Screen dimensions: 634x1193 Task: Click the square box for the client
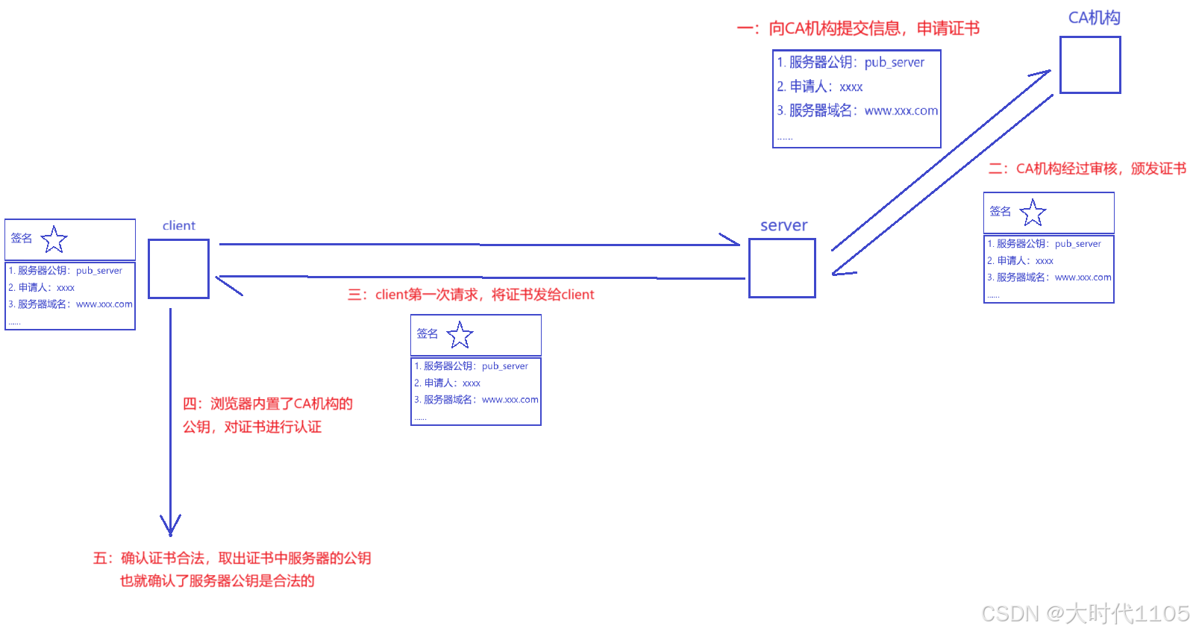[178, 269]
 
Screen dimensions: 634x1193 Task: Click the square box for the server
[782, 268]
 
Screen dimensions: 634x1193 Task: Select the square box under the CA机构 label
[1090, 65]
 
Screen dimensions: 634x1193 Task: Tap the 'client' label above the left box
[179, 226]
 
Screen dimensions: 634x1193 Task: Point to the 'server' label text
[783, 225]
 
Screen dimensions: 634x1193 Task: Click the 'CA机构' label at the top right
[1094, 18]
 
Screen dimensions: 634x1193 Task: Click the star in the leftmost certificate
[54, 239]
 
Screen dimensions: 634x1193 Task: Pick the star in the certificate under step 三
[460, 335]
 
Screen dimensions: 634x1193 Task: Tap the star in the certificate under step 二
[1033, 213]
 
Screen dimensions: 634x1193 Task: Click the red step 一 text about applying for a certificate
[858, 28]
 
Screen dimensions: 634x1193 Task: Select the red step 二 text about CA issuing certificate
[1087, 169]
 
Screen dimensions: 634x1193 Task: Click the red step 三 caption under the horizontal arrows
[471, 295]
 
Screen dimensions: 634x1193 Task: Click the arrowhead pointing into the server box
[731, 241]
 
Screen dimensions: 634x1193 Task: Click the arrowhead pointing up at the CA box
[1042, 73]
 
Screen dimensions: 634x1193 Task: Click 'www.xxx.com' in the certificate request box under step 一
[901, 110]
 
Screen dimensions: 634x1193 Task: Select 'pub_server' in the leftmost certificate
[98, 271]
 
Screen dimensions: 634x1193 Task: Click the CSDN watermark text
[1085, 613]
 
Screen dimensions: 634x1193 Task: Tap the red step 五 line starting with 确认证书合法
[231, 558]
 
